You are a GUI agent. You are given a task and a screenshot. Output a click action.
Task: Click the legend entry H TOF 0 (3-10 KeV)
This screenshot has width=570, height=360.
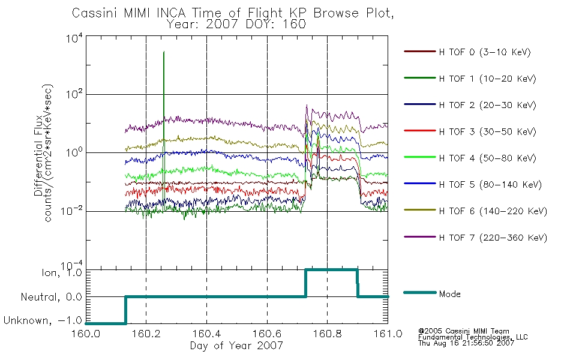click(485, 52)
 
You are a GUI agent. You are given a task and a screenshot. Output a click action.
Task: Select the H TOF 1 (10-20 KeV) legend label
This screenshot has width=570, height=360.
click(487, 79)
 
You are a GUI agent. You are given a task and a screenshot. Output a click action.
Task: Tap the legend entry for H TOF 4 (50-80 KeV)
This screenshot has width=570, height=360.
click(487, 158)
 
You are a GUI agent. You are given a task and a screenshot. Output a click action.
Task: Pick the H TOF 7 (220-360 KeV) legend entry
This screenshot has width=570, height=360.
click(493, 238)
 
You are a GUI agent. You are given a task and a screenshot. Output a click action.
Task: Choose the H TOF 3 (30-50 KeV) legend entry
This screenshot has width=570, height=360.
click(487, 131)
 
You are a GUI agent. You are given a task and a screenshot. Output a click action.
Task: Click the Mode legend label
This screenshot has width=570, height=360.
click(449, 294)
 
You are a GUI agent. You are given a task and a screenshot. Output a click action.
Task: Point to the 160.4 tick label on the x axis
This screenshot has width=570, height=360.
click(206, 334)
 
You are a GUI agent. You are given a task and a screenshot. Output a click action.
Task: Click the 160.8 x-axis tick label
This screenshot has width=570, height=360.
click(327, 334)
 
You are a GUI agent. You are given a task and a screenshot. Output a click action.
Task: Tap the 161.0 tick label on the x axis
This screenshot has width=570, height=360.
click(388, 334)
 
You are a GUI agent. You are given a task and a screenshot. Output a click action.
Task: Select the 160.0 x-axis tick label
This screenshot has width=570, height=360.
click(86, 334)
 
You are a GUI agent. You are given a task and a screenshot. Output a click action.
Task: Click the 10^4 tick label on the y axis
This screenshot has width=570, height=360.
click(74, 38)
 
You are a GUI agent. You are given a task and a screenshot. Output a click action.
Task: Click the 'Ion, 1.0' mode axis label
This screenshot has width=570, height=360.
click(62, 272)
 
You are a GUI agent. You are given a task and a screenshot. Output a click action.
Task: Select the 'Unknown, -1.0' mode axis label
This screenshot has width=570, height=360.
click(43, 320)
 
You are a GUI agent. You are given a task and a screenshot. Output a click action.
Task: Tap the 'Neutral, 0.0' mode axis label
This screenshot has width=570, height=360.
click(52, 297)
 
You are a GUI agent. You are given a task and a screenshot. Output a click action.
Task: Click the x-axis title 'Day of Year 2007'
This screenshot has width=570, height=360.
click(236, 346)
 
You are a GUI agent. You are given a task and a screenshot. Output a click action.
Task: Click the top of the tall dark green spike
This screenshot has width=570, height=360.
click(164, 52)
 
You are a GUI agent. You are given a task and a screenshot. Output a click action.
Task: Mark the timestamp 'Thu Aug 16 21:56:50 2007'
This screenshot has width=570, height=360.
click(466, 343)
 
